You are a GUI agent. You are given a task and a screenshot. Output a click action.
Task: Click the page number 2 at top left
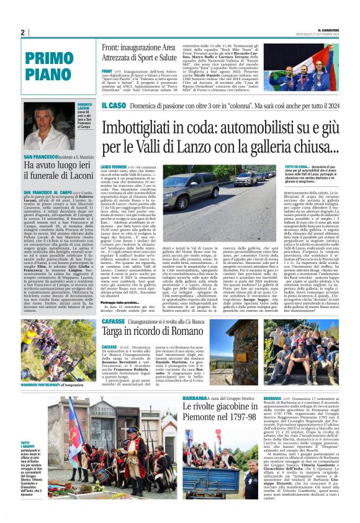[22, 32]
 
